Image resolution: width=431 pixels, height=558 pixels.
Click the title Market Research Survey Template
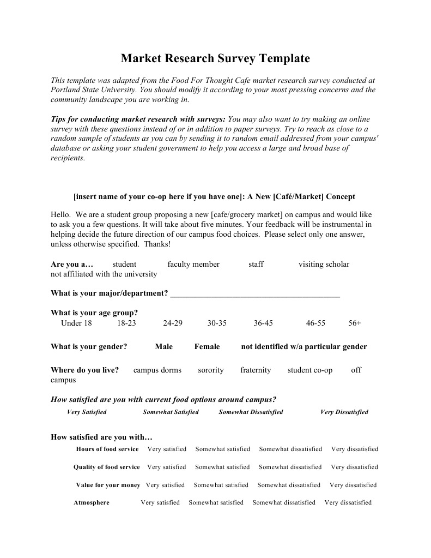pos(215,58)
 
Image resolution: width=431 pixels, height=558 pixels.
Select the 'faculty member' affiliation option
pos(193,265)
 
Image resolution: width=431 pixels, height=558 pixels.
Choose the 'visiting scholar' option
pos(324,265)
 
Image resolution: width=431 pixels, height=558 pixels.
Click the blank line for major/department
pos(255,293)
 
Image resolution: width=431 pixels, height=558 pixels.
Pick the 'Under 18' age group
pos(76,323)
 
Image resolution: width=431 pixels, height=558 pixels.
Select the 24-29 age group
pos(173,323)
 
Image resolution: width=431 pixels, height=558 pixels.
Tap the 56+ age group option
pos(355,323)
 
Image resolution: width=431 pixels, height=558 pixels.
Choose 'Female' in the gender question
pos(207,347)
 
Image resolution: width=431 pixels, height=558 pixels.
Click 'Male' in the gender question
pos(163,347)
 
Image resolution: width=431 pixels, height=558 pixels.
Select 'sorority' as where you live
pos(211,370)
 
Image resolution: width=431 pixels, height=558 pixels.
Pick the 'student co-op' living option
pos(309,370)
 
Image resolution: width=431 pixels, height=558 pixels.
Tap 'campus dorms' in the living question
pos(157,370)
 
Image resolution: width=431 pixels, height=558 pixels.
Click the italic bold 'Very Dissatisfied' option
pos(344,412)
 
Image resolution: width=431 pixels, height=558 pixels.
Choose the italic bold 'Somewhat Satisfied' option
pos(171,412)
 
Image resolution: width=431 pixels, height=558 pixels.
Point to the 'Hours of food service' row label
pos(107,449)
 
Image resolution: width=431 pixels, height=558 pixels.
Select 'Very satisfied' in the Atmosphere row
pos(160,503)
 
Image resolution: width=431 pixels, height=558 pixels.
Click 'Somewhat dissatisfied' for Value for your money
pos(289,485)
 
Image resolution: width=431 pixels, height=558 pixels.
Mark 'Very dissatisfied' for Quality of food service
pos(354,467)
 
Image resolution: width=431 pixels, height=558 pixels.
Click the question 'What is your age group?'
pos(94,313)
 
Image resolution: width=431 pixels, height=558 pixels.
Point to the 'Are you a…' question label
pos(72,265)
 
